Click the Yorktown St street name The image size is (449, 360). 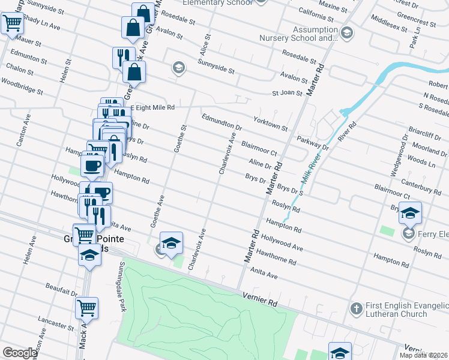pyautogui.click(x=271, y=124)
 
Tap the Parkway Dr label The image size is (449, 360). pyautogui.click(x=313, y=143)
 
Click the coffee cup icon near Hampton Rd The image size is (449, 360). pyautogui.click(x=92, y=166)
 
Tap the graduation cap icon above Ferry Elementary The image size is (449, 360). pyautogui.click(x=410, y=213)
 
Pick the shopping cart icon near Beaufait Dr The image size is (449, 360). pyautogui.click(x=86, y=308)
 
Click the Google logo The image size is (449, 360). pyautogui.click(x=19, y=353)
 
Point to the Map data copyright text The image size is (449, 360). pyautogui.click(x=424, y=355)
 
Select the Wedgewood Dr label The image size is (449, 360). pyautogui.click(x=399, y=156)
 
